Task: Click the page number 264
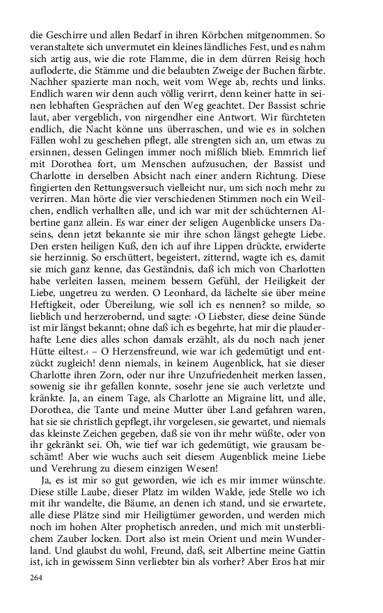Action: pyautogui.click(x=39, y=577)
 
